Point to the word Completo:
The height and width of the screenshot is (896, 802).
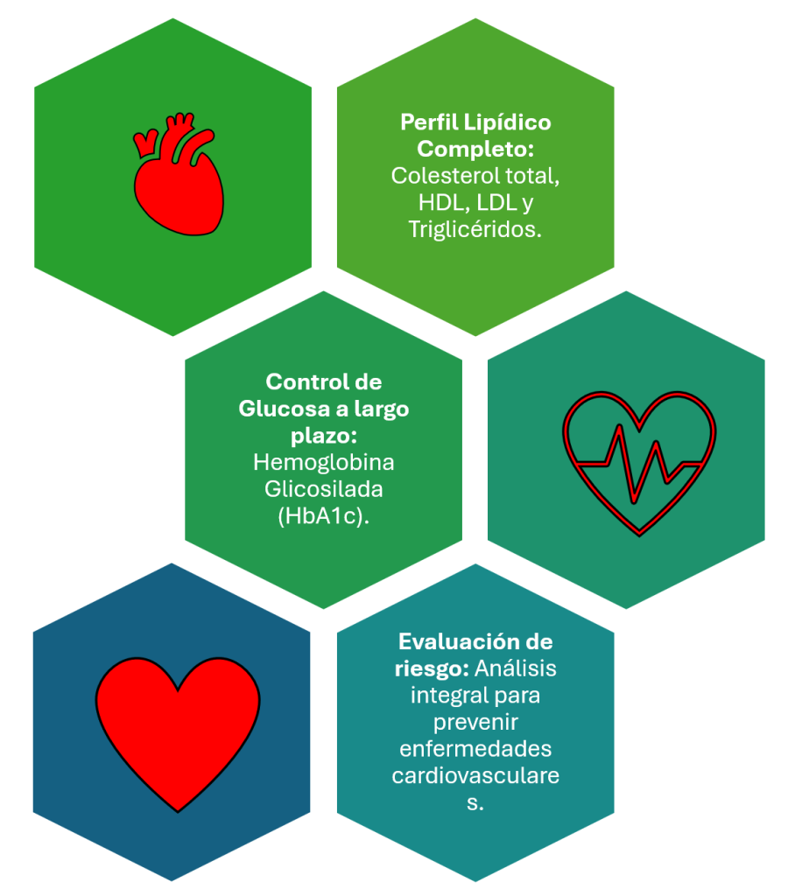[475, 149]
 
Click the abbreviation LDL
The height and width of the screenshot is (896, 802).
[486, 202]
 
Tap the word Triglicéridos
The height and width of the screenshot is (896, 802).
[475, 229]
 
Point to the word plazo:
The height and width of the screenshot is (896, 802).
[323, 436]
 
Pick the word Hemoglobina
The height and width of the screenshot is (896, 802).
[323, 462]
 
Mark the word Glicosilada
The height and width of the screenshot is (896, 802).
[323, 488]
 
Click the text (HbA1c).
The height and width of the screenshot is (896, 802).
[323, 515]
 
